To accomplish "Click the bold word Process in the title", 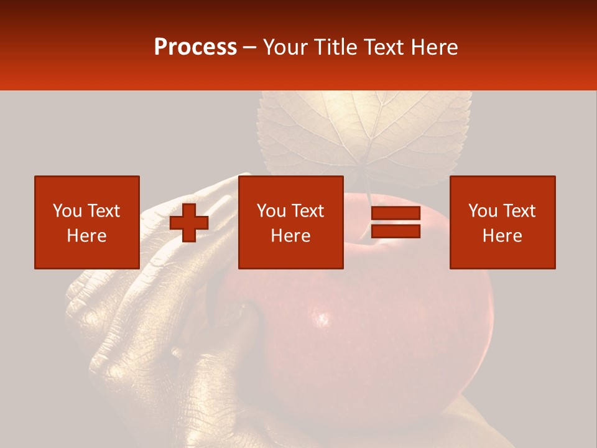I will (195, 47).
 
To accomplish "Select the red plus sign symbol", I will (189, 222).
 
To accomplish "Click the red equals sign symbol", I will (396, 222).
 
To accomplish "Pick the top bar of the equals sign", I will (396, 213).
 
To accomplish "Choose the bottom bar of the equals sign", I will (396, 231).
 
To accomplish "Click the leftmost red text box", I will (86, 222).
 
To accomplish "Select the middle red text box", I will (290, 222).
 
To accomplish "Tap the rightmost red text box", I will (502, 222).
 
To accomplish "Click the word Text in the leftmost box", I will (103, 211).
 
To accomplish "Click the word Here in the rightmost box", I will (502, 236).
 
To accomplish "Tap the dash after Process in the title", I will (249, 47).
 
